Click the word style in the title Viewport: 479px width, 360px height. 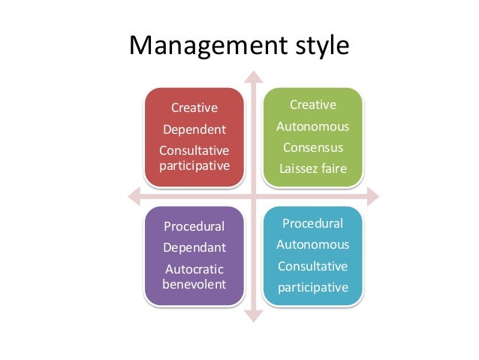pos(318,47)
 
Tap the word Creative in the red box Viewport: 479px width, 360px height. pos(194,109)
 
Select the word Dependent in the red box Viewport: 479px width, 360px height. pos(194,129)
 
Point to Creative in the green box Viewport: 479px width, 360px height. pos(312,104)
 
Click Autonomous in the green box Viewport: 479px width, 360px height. pos(312,126)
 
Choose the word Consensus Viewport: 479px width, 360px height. pos(312,147)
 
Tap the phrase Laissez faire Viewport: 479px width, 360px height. pos(312,168)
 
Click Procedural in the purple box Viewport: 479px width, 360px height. pos(194,225)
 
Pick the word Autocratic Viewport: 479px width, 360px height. pos(194,268)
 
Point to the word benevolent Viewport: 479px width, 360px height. pos(194,283)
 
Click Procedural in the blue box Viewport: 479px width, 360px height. pos(312,223)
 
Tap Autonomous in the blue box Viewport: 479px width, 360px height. pos(312,244)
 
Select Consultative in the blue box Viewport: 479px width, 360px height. pos(312,265)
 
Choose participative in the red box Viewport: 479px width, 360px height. pos(194,165)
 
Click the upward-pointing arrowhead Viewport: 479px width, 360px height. pos(255,77)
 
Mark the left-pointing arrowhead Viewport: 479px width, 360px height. pos(134,197)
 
